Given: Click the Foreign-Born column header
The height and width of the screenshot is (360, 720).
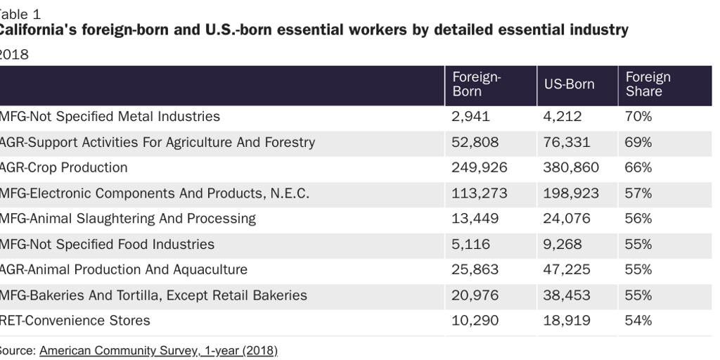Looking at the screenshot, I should (x=476, y=84).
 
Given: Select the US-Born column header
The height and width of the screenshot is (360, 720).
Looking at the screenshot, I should (x=569, y=84).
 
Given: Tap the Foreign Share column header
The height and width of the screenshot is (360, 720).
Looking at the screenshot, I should (x=648, y=84).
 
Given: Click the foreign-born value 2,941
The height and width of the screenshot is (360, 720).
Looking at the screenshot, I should (x=470, y=117).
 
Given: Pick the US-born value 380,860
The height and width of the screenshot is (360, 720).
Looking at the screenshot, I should (x=571, y=168).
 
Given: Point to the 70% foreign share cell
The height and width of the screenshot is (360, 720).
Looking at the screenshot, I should (x=638, y=117).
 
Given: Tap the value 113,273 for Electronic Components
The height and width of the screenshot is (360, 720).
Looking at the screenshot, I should (x=478, y=193).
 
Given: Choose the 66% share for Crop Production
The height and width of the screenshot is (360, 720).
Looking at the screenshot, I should (x=638, y=168).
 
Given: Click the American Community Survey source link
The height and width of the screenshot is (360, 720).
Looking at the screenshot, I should (x=158, y=350).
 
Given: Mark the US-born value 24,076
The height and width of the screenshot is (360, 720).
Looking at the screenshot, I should (x=567, y=219).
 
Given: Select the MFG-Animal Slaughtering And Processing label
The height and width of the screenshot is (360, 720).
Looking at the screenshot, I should (x=127, y=219).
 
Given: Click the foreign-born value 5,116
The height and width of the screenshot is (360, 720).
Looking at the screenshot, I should (x=470, y=245).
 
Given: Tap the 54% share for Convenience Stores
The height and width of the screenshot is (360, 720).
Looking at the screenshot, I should (x=638, y=321).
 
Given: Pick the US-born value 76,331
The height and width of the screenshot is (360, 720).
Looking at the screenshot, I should (x=567, y=142).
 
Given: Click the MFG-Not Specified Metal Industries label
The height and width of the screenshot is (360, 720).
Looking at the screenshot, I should (x=110, y=117).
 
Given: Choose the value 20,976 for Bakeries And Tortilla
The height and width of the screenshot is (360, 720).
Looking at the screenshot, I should (x=475, y=295).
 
